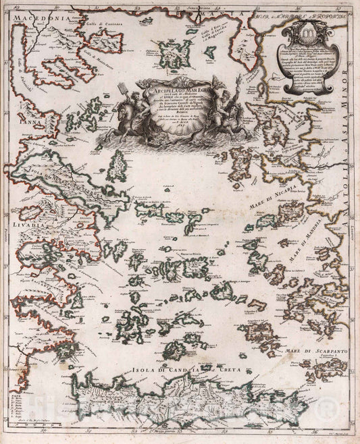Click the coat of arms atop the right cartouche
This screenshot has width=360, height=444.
(303, 31)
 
